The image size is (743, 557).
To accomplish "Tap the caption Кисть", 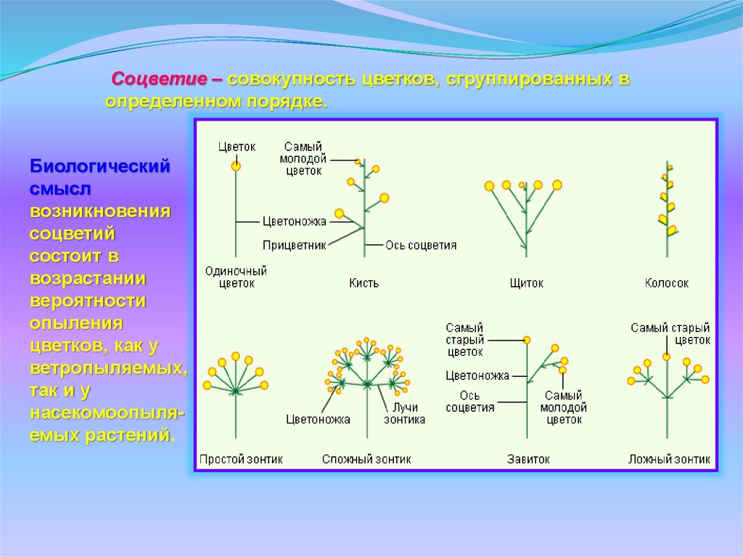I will (364, 283).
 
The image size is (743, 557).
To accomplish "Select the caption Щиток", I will (526, 283).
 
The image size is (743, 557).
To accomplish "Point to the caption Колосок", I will (666, 283).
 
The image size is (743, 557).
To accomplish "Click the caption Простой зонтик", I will (241, 459).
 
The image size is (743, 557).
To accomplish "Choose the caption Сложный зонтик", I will (366, 459).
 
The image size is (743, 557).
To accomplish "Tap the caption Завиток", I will (528, 459).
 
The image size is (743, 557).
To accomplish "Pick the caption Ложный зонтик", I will (669, 459).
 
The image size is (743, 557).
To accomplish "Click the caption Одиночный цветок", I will (236, 277).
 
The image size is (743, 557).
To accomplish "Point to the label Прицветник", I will (295, 245).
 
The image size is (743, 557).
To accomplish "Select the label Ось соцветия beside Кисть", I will (421, 245).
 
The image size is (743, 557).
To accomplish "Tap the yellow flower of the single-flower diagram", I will (236, 166).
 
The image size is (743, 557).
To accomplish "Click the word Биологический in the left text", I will (100, 166).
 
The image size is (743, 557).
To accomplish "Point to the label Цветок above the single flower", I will (237, 147).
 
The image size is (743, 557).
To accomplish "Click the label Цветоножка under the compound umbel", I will (318, 419).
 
